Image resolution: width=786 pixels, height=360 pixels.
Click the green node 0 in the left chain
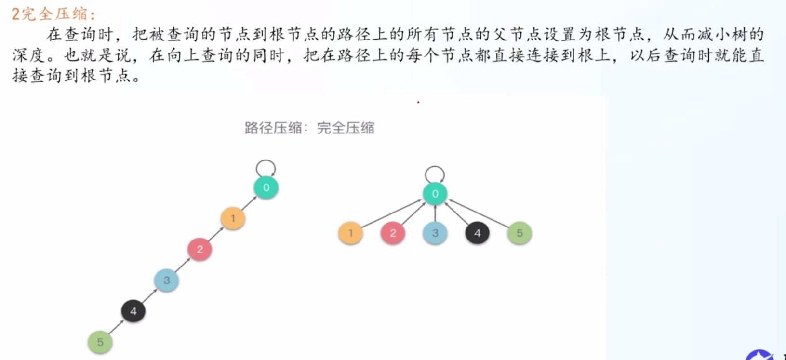[266, 187]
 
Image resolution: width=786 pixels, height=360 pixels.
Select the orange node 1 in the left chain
[233, 218]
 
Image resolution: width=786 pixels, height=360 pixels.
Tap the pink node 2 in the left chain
[200, 249]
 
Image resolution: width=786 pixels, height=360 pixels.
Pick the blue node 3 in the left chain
[166, 280]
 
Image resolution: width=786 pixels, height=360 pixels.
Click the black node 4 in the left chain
[133, 311]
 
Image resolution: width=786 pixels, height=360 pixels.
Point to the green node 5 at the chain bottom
[100, 342]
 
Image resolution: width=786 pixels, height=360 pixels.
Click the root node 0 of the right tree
[435, 193]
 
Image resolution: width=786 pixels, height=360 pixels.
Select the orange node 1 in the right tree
[350, 233]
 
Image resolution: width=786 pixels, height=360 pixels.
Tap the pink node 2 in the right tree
[393, 233]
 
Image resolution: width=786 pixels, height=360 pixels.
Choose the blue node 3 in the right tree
[435, 233]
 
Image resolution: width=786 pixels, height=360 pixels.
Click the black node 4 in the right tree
[477, 233]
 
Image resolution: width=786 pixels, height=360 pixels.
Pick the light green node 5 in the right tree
[520, 233]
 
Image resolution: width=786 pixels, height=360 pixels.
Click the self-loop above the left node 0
[266, 160]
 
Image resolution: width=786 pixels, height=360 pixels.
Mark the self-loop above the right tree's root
[435, 166]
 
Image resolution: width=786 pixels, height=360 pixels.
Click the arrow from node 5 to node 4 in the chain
[116, 327]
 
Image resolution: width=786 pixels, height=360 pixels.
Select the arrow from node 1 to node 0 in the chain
[249, 203]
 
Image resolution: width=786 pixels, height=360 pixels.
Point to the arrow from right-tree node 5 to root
[479, 213]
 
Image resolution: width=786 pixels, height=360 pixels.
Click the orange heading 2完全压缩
[53, 14]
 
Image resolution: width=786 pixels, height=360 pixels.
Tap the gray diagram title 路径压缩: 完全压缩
[309, 128]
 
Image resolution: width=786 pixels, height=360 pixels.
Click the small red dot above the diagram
[418, 102]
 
